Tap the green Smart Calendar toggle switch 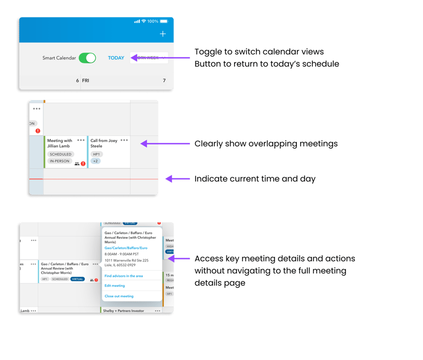(x=87, y=58)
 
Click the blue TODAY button (x=116, y=58)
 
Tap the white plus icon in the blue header (x=162, y=34)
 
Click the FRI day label (x=85, y=80)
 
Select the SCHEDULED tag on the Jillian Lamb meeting (x=61, y=154)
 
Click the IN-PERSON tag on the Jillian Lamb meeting (x=59, y=161)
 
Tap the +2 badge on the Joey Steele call (x=95, y=161)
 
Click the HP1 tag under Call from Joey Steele (x=96, y=154)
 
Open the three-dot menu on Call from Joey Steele (x=124, y=140)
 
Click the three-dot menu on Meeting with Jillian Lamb (x=81, y=140)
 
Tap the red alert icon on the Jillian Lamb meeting (x=83, y=163)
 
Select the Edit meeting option (x=115, y=286)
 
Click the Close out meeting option (x=119, y=296)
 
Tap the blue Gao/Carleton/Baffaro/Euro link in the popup (x=126, y=248)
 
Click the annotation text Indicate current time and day (x=254, y=179)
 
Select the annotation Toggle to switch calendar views (x=259, y=52)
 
